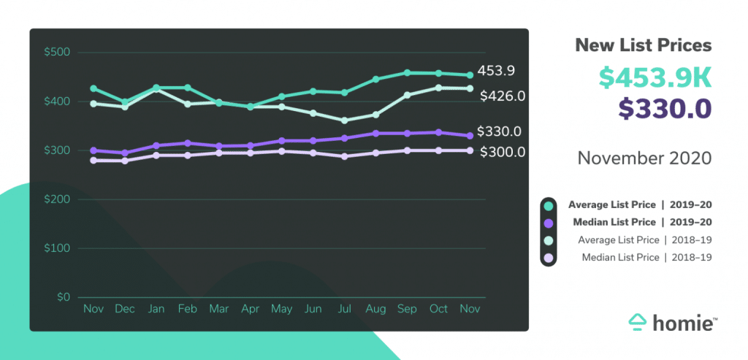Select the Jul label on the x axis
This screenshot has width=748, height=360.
point(344,309)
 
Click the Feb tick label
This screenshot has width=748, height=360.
point(187,309)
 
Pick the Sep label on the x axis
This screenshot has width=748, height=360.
point(407,309)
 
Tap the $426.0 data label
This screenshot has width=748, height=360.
point(503,96)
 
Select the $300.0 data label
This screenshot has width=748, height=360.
point(503,152)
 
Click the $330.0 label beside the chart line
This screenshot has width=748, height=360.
point(499,132)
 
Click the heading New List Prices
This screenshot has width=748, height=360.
point(644,45)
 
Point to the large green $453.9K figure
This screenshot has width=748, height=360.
point(654,77)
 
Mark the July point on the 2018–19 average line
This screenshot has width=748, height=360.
point(344,120)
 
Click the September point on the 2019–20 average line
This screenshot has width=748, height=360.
point(407,73)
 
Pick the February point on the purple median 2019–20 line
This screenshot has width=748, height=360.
point(187,143)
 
